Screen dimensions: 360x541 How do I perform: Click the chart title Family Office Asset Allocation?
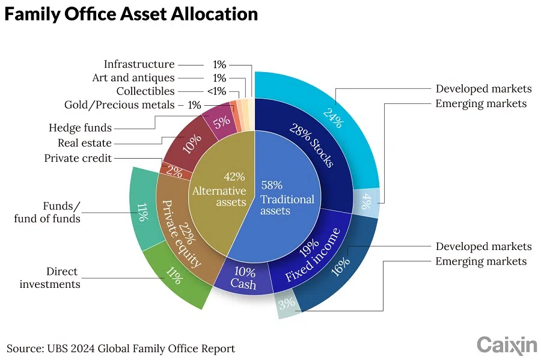[131, 14]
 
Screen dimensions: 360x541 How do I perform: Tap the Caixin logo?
[506, 345]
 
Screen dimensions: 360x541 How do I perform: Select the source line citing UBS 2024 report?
[120, 349]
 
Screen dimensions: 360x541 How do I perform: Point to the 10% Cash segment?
[243, 278]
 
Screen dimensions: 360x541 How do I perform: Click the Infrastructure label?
[139, 64]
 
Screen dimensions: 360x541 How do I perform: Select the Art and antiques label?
[133, 78]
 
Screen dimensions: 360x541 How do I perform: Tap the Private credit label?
[78, 158]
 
